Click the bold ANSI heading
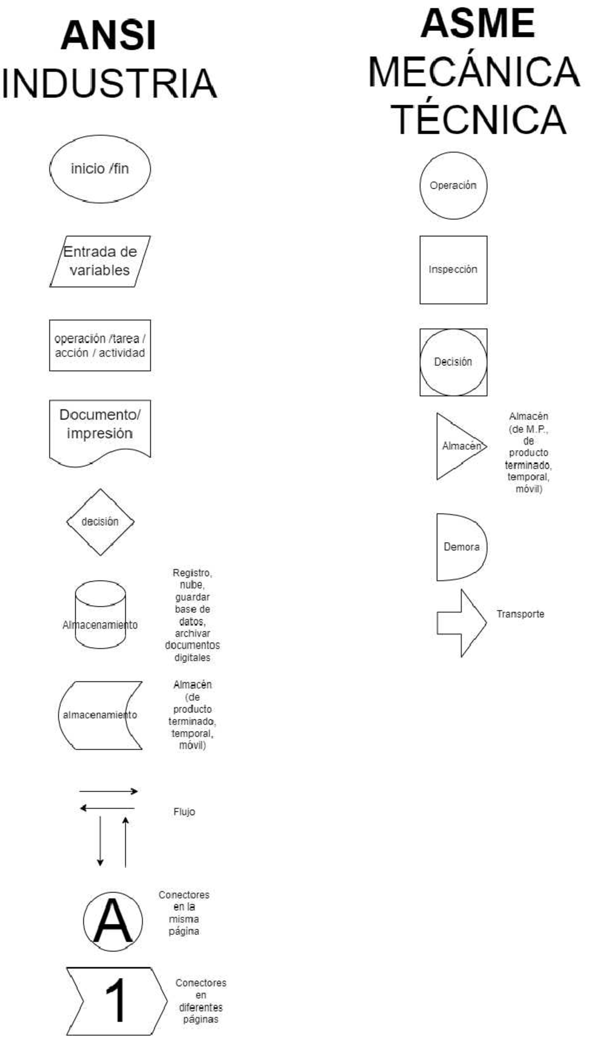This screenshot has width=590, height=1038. pyautogui.click(x=109, y=35)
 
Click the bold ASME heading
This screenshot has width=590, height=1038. pyautogui.click(x=478, y=24)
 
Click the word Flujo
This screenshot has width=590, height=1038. pyautogui.click(x=184, y=812)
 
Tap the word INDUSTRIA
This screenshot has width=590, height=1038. pyautogui.click(x=109, y=83)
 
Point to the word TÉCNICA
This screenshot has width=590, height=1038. pyautogui.click(x=478, y=119)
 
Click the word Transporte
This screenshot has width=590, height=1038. pyautogui.click(x=520, y=614)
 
